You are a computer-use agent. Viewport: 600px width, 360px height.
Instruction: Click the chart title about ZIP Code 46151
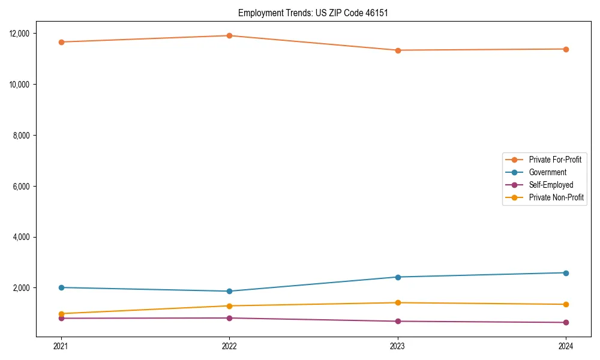313,13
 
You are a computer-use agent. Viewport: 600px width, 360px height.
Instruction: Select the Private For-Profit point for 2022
229,35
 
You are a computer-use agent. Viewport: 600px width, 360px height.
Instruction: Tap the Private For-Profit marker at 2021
61,42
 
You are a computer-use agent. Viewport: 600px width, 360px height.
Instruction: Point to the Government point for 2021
61,287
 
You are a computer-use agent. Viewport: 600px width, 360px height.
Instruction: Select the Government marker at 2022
229,291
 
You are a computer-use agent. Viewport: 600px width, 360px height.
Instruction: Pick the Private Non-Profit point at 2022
229,306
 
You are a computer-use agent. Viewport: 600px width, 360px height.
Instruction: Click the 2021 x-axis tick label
61,346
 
